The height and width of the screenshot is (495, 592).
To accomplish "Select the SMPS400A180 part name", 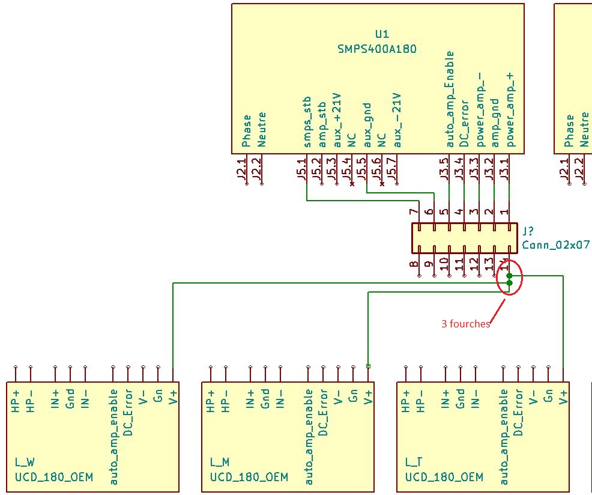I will [376, 49].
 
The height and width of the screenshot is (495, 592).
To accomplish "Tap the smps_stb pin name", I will [307, 121].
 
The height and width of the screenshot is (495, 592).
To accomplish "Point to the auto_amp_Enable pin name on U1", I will [450, 99].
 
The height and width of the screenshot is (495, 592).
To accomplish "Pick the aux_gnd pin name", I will [366, 125].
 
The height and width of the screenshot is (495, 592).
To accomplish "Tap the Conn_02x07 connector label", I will [556, 244].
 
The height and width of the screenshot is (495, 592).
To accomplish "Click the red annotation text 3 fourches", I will [465, 324].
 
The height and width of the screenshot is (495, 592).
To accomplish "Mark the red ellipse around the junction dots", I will [510, 279].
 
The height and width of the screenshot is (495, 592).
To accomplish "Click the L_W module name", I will [25, 462].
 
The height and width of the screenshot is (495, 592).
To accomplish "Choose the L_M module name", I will [220, 462].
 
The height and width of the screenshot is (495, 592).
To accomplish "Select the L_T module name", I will [414, 462].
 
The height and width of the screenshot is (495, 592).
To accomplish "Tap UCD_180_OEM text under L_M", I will [249, 477].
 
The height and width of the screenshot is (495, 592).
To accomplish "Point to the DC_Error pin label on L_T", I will [519, 413].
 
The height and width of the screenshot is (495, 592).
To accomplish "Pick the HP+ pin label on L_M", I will [211, 401].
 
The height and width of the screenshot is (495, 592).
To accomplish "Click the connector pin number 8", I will [414, 264].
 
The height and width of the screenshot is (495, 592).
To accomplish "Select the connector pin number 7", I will [414, 211].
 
